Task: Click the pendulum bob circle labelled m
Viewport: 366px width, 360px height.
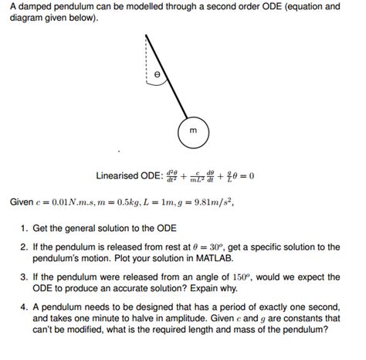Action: click(x=192, y=131)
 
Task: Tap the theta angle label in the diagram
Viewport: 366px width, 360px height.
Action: click(x=158, y=75)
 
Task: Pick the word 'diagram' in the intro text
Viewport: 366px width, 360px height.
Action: click(x=27, y=19)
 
